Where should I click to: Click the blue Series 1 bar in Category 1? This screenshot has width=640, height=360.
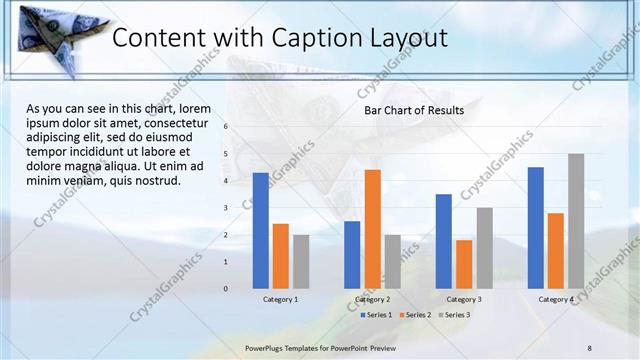coord(261,231)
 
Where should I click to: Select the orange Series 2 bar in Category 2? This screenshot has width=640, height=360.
coord(373,229)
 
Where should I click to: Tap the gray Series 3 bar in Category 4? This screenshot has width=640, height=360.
coord(576,221)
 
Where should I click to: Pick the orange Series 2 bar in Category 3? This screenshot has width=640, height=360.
coord(464,264)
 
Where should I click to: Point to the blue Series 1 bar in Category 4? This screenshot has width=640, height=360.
coord(536,228)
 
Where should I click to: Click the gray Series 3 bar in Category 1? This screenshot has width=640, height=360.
coord(301,262)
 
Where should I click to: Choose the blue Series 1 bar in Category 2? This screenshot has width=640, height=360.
coord(352,255)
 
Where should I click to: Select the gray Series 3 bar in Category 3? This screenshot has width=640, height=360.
coord(484,248)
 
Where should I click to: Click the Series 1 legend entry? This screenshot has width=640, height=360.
coord(375,315)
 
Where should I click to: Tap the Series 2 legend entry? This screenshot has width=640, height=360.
coord(415,315)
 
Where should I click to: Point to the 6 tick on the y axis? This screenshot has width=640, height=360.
coord(226,127)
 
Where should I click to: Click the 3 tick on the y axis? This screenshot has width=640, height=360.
coord(226,208)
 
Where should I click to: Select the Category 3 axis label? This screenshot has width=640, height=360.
coord(464,299)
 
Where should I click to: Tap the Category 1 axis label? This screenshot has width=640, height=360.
coord(281,299)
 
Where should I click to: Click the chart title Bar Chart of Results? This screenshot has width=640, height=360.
coord(413,110)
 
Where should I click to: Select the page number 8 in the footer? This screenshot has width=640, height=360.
coord(589,346)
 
